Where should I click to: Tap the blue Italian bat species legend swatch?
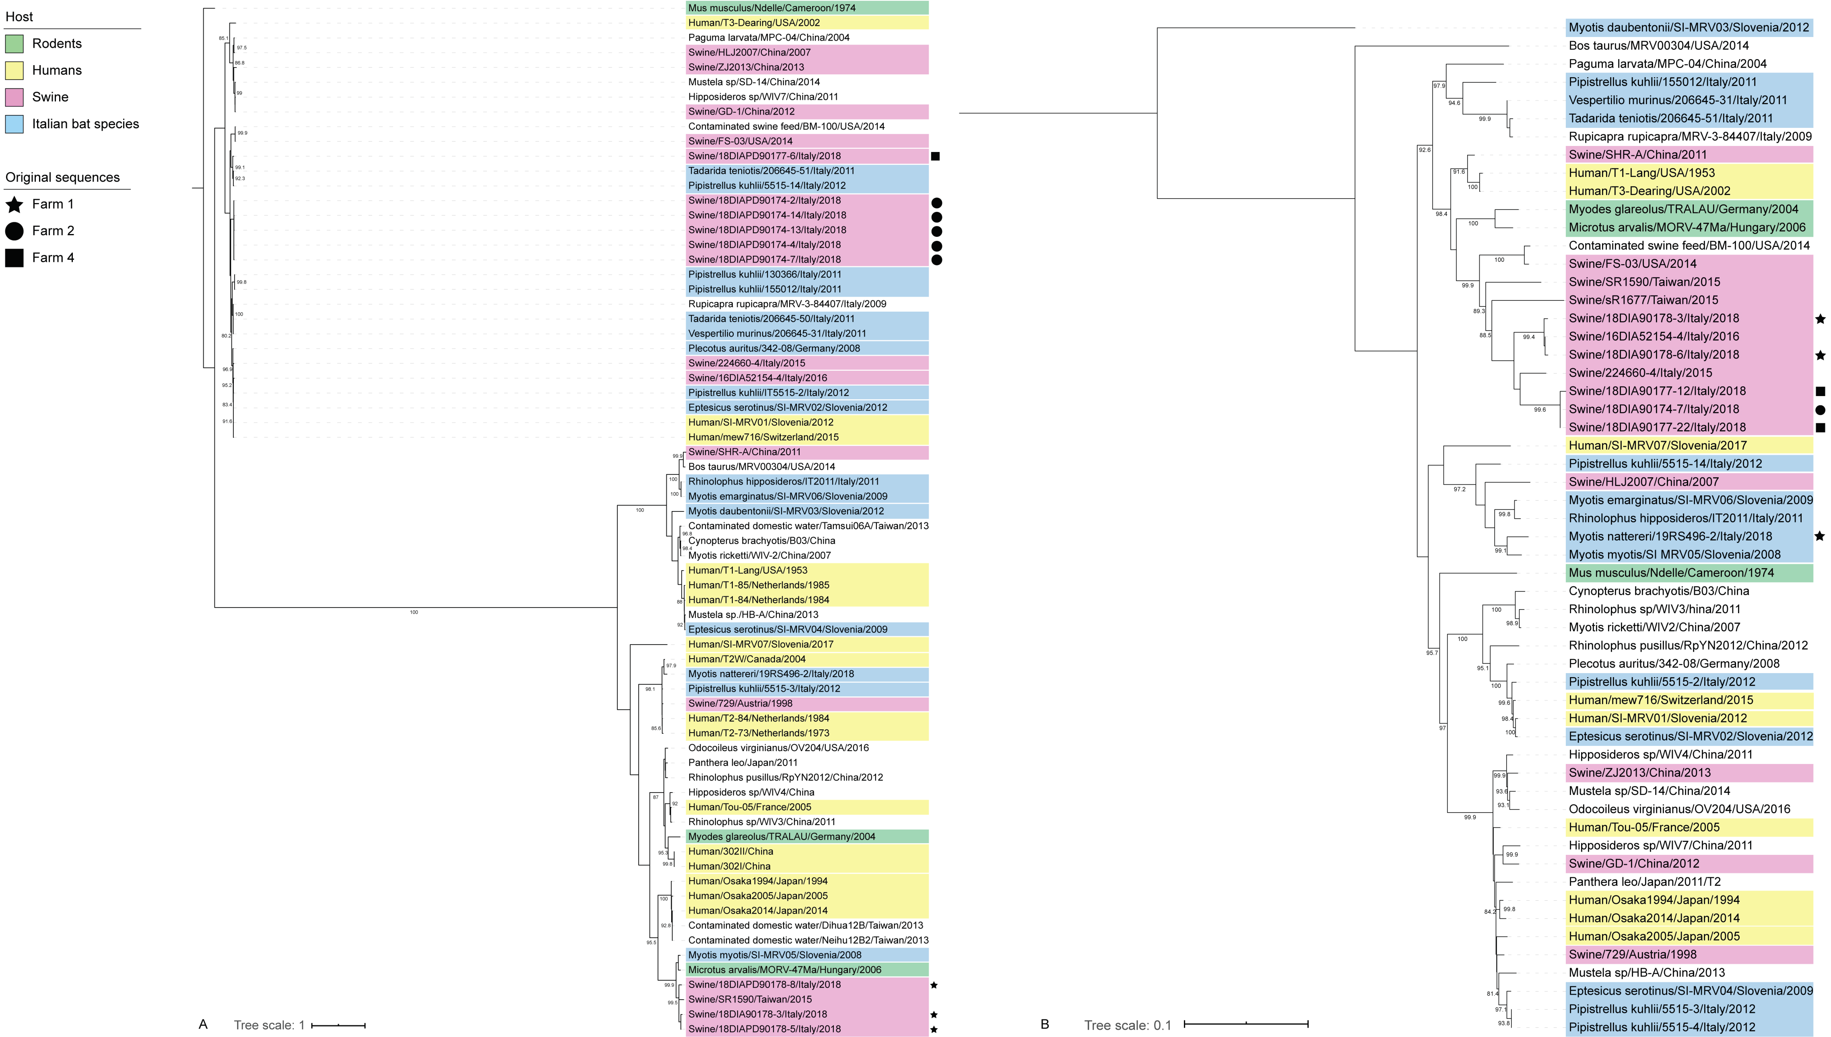pyautogui.click(x=14, y=124)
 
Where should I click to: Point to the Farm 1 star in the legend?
pyautogui.click(x=14, y=204)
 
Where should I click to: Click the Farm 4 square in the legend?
pyautogui.click(x=14, y=258)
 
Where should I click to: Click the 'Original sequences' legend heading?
pyautogui.click(x=63, y=177)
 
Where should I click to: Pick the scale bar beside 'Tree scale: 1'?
pyautogui.click(x=339, y=1026)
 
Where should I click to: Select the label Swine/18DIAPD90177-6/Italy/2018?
pyautogui.click(x=764, y=156)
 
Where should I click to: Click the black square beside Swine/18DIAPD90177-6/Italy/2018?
pyautogui.click(x=935, y=156)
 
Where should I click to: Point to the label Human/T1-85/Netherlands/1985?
pyautogui.click(x=758, y=585)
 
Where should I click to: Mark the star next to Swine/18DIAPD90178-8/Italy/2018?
pyautogui.click(x=934, y=985)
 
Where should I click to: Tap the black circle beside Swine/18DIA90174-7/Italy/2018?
pyautogui.click(x=1820, y=410)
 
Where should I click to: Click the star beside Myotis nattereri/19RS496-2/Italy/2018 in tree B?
pyautogui.click(x=1820, y=536)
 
